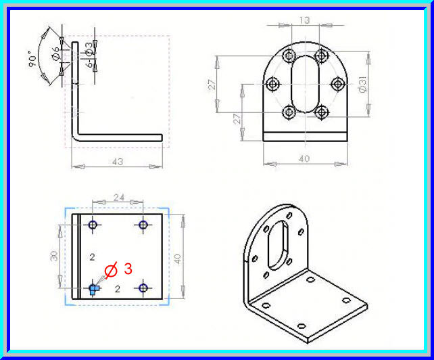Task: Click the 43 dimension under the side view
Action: [118, 163]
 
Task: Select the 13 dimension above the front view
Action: [305, 20]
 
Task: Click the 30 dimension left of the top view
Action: [54, 256]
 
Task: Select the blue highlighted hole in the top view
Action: [93, 288]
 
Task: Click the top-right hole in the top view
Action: [143, 225]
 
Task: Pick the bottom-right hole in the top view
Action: [143, 288]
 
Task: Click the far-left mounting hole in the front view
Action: [274, 84]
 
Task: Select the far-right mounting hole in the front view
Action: [337, 84]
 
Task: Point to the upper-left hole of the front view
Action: [289, 56]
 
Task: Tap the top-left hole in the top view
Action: [93, 225]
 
